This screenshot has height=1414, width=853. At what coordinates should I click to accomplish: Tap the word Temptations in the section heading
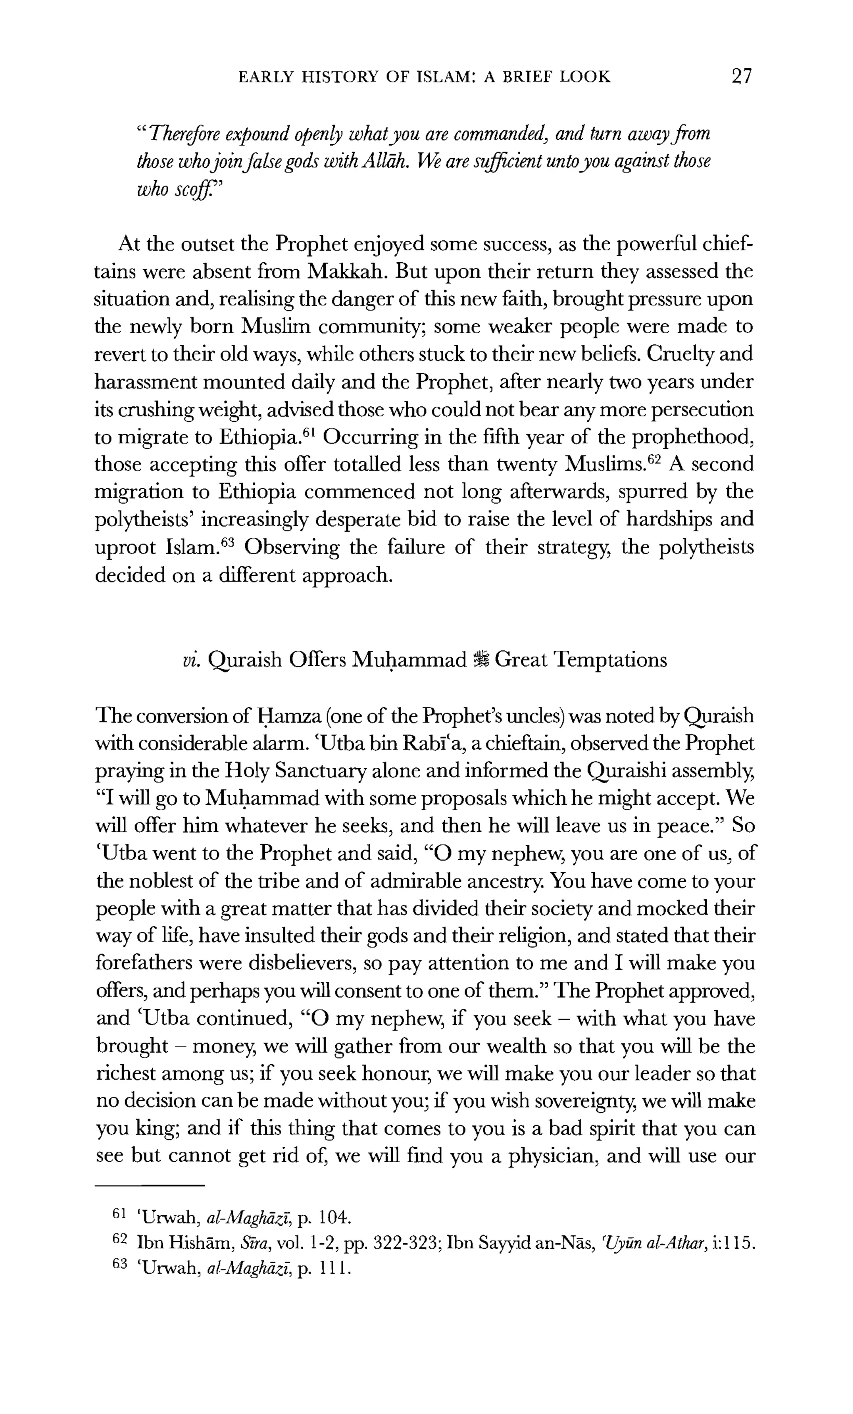pos(610,660)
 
